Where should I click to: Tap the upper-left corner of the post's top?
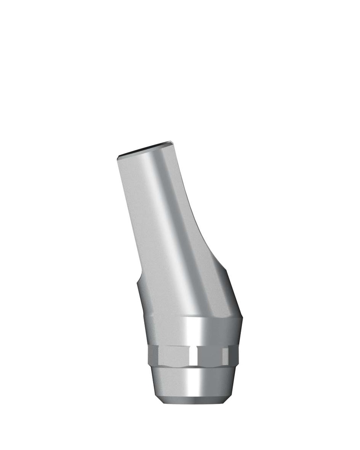119,158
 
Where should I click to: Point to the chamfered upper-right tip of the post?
172,144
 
